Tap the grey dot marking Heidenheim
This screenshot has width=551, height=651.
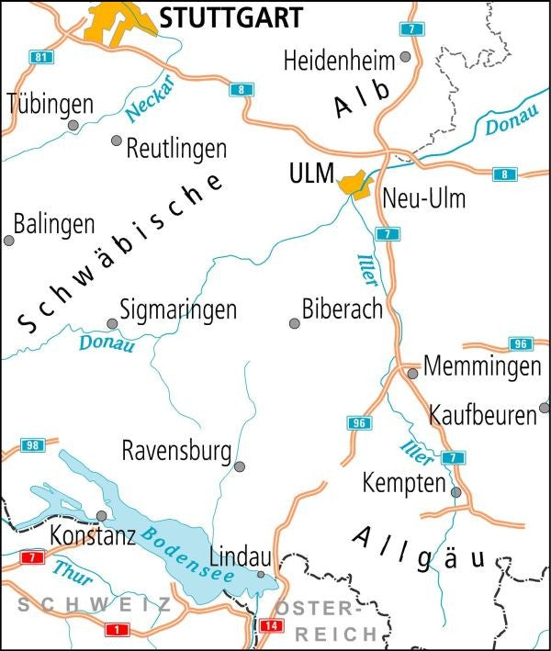(405, 58)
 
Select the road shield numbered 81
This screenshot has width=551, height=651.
(40, 57)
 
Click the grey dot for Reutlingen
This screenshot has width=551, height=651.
(117, 140)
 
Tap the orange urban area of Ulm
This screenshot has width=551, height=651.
(354, 184)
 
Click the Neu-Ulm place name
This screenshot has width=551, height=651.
(423, 198)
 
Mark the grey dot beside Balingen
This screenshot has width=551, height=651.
(9, 241)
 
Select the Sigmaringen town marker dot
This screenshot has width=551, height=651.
(112, 323)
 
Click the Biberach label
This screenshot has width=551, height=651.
(343, 309)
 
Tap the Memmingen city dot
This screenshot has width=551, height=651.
(413, 373)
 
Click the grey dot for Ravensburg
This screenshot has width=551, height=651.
(240, 466)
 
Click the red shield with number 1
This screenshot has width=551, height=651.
(116, 629)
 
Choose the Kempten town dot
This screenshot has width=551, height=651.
(455, 492)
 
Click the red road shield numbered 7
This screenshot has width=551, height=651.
(33, 557)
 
